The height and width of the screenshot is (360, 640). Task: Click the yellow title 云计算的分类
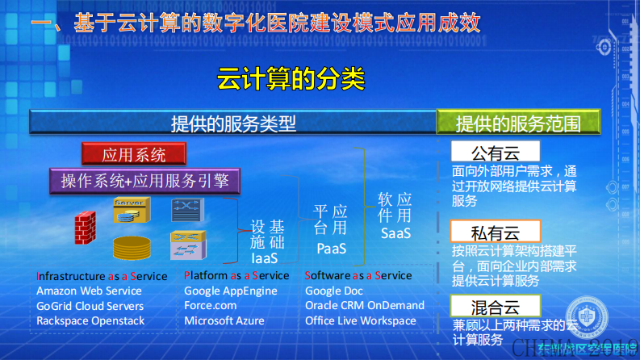(x=291, y=79)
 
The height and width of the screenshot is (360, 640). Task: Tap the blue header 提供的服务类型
(x=233, y=123)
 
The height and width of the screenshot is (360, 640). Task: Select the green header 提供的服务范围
(x=517, y=123)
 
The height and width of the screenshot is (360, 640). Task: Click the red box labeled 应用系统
(x=134, y=153)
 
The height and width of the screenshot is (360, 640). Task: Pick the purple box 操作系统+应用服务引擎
(x=145, y=180)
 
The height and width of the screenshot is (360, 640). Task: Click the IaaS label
(x=264, y=259)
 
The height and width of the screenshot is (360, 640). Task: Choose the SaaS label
(x=395, y=233)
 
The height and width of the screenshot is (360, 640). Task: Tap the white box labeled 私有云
(x=495, y=231)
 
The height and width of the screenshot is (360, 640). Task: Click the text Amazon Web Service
(x=89, y=291)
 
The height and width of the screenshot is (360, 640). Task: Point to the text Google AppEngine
(x=231, y=291)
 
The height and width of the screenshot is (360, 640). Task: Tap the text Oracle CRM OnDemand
(x=365, y=306)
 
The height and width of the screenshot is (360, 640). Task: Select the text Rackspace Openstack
(x=90, y=320)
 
